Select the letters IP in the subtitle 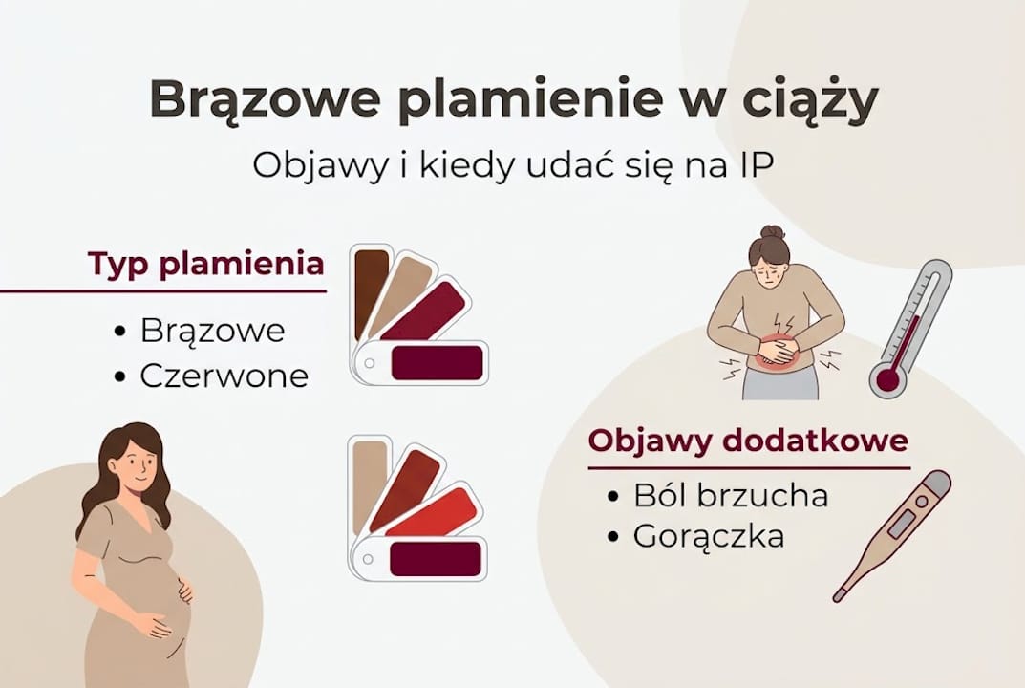(x=755, y=164)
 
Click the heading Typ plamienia (x=206, y=264)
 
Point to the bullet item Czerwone (x=224, y=376)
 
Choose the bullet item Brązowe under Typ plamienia (x=212, y=331)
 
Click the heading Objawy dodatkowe (x=748, y=441)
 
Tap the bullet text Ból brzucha (x=731, y=496)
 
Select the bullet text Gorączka (x=709, y=536)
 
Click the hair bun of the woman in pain (x=772, y=232)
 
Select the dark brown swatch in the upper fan (x=370, y=290)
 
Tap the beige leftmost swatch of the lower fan (x=368, y=483)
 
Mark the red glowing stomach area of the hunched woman (x=777, y=350)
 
